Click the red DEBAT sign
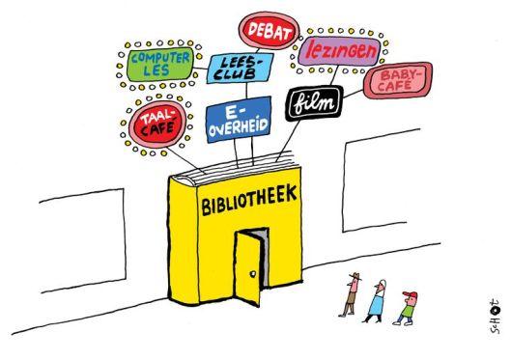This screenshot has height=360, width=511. [270, 31]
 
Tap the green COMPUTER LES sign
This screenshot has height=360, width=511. [160, 64]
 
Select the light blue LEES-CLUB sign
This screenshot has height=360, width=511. [240, 68]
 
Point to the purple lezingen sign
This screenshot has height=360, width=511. [340, 51]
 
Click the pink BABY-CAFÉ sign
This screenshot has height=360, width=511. [398, 80]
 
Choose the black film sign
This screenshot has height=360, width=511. [314, 103]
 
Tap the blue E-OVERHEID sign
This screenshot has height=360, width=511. [239, 120]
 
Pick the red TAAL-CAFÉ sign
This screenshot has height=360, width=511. [157, 125]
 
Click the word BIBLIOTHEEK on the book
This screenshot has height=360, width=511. [249, 199]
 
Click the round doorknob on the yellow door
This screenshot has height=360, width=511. [252, 274]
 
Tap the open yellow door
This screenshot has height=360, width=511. [248, 268]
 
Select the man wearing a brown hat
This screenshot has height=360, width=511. [351, 295]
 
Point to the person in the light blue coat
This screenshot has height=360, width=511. [376, 301]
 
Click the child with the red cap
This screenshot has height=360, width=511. [407, 308]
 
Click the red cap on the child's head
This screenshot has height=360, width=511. [411, 294]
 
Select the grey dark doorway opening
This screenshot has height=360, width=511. [265, 257]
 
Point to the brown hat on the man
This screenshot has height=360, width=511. [355, 276]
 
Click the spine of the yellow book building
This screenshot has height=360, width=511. [184, 242]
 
